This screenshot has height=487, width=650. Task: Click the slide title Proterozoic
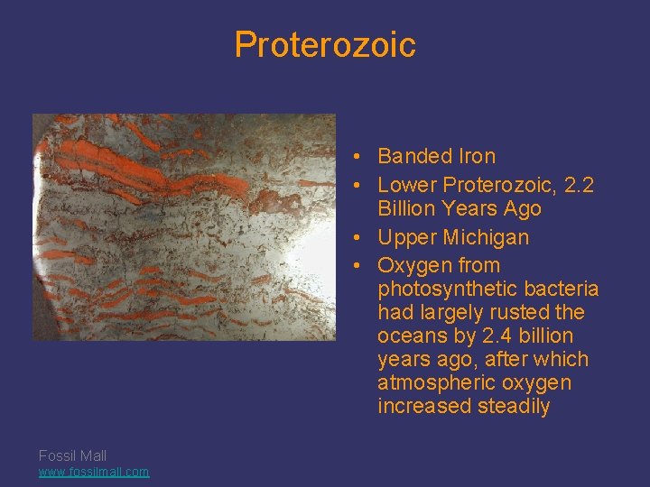(325, 44)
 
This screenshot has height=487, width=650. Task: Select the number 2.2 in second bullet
(578, 185)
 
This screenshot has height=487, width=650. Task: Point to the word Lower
(404, 185)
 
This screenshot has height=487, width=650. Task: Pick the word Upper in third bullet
(406, 237)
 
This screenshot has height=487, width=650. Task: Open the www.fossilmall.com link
(94, 472)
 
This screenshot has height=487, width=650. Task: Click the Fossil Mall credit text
(72, 456)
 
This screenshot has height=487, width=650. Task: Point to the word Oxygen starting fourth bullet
(413, 266)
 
